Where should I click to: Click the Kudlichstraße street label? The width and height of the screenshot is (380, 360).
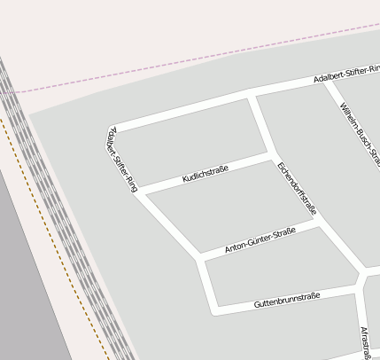(x=206, y=173)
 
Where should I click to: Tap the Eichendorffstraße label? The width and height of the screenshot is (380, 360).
(x=296, y=188)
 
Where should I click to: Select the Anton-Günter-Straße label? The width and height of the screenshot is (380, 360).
(x=260, y=240)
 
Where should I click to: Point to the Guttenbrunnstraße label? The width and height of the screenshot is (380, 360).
(x=286, y=299)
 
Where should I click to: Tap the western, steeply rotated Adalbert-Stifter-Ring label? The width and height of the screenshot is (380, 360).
(x=121, y=159)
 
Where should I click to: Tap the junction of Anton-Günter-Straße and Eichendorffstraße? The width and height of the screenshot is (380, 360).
(x=319, y=225)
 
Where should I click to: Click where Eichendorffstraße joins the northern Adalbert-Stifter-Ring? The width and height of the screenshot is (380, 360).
(x=252, y=94)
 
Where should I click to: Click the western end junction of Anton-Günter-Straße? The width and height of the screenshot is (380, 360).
(x=200, y=258)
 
